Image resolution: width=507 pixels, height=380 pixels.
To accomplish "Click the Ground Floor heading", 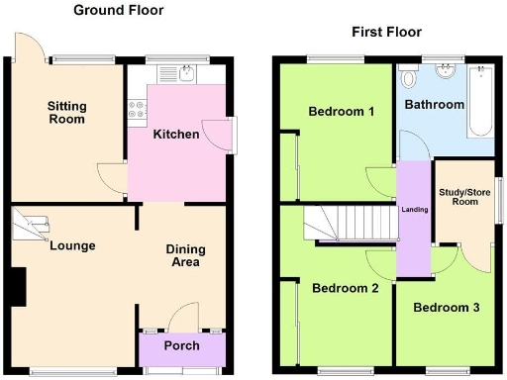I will coord(118,10).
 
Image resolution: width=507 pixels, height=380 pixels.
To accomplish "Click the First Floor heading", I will coord(386,32).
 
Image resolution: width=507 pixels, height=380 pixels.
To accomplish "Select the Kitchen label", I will coord(175,135).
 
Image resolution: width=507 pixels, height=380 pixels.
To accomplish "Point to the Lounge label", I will coord(72,245).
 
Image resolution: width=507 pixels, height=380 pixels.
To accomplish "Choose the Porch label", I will coord(181,346).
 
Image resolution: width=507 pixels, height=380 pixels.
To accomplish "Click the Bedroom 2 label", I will coord(346,289).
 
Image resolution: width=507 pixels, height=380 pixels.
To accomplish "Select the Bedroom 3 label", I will coord(446,308).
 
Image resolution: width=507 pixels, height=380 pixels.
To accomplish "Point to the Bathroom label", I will coord(432,104).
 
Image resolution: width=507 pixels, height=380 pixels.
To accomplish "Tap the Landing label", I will coord(414,208).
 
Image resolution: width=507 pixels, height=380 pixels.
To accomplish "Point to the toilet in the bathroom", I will coord(407,75).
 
